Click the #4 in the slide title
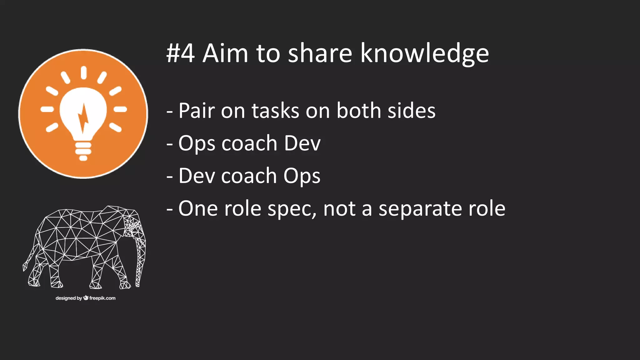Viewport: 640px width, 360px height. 180,53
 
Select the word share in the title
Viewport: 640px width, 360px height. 320,53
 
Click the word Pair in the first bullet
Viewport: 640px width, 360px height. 197,111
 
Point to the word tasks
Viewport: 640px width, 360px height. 275,111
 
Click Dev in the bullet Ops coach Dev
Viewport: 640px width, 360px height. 302,143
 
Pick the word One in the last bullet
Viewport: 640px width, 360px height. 198,208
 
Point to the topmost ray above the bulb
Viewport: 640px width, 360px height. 83,72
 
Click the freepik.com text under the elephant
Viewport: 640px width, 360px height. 102,298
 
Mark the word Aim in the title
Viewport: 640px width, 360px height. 225,53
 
